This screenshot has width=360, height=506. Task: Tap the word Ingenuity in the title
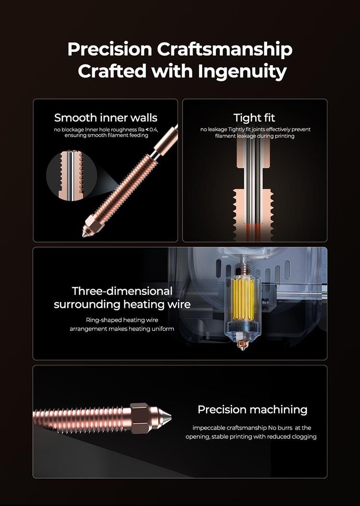[x=242, y=71]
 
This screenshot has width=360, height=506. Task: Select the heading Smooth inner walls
[x=106, y=118]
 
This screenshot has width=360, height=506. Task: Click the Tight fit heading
[x=254, y=118]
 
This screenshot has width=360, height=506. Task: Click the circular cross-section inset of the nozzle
[x=72, y=175]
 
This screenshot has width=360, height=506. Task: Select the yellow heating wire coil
[x=243, y=298]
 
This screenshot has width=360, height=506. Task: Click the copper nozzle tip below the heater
[x=241, y=345]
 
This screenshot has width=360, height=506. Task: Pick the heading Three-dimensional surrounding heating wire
[x=122, y=297]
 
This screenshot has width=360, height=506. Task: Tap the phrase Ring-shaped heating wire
[x=122, y=320]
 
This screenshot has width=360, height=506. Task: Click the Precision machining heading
[x=252, y=410]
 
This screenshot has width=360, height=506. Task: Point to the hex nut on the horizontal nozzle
[x=141, y=418]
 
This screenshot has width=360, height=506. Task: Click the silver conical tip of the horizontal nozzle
[x=164, y=418]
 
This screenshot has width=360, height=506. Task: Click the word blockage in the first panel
[x=73, y=129]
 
